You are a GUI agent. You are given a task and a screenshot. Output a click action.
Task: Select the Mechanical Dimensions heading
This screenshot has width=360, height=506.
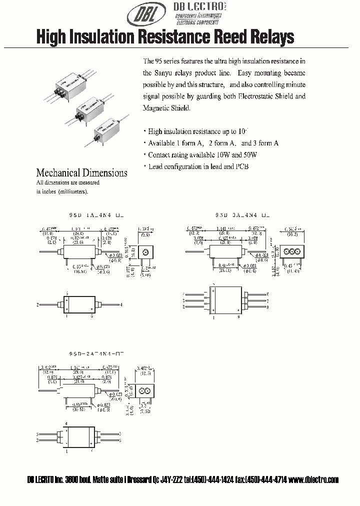[x=81, y=173]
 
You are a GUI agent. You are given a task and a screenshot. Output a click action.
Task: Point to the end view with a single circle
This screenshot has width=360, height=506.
[x=145, y=252]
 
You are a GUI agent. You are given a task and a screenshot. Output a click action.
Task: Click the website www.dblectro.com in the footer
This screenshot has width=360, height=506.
[x=313, y=479]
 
